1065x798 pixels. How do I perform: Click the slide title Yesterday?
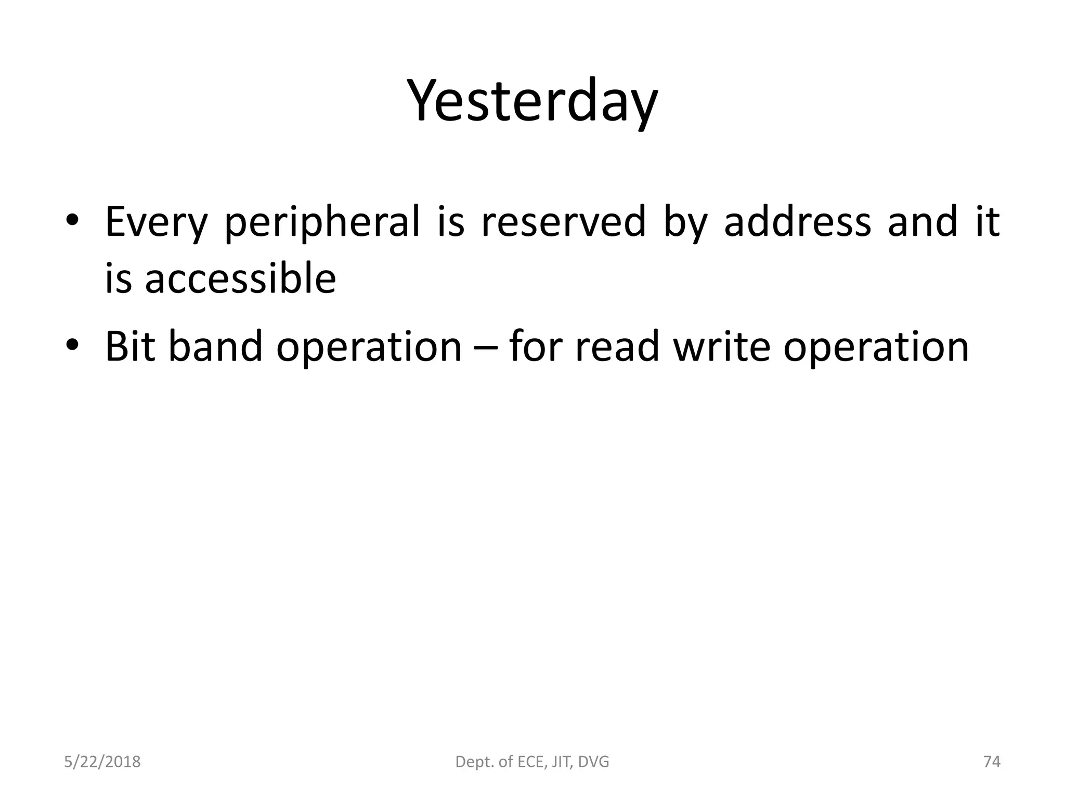click(532, 102)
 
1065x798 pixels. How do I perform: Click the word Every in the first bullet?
click(155, 222)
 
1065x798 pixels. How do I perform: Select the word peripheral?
click(322, 222)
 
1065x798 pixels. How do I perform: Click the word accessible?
click(240, 279)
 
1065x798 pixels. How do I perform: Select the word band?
click(216, 347)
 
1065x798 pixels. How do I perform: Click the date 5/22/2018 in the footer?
click(102, 762)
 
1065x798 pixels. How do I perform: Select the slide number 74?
click(992, 762)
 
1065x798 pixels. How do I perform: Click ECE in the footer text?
click(529, 762)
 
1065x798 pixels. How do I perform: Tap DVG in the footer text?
click(593, 762)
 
